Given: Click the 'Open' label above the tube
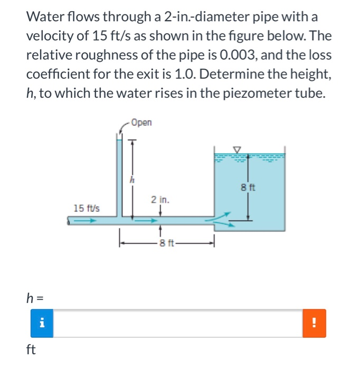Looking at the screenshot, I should click(x=141, y=123).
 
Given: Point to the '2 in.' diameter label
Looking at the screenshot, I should click(x=160, y=200).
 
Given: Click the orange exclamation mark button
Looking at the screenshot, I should click(x=315, y=323).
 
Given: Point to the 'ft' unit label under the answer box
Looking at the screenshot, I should click(x=31, y=349).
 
